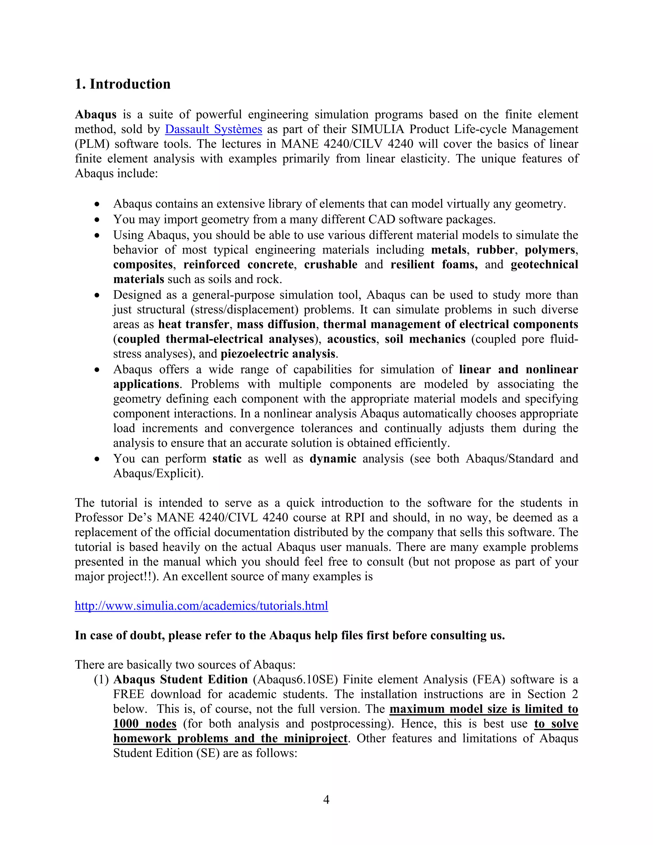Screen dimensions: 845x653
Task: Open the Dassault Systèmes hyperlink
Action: tap(213, 129)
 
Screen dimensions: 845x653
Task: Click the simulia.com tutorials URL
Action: tap(201, 606)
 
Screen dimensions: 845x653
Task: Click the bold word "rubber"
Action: tap(495, 250)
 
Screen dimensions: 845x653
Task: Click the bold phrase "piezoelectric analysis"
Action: tap(278, 354)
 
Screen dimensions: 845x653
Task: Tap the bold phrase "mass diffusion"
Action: tap(276, 325)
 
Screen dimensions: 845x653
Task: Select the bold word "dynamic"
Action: tap(333, 459)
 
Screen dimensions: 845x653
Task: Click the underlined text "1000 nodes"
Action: tap(145, 724)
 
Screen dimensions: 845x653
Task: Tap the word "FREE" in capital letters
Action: tap(128, 694)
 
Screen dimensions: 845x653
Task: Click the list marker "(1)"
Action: tap(101, 680)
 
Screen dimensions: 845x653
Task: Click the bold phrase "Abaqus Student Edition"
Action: tap(180, 680)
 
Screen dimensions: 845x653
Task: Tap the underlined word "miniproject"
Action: tap(315, 738)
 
